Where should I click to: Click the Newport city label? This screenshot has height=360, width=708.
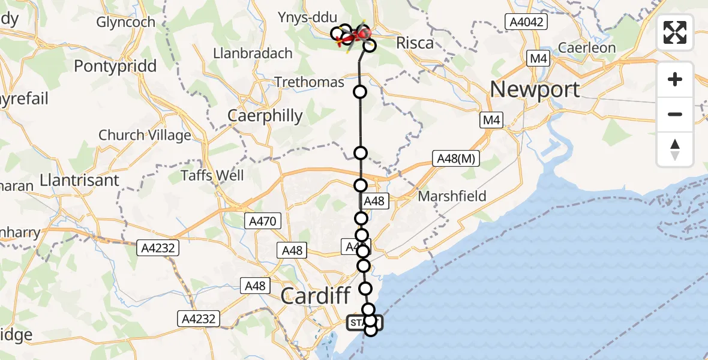pyautogui.click(x=535, y=89)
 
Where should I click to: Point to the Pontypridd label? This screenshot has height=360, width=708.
pyautogui.click(x=115, y=66)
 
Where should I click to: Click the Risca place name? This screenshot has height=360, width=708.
pyautogui.click(x=415, y=43)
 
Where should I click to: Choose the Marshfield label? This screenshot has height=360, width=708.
pyautogui.click(x=452, y=196)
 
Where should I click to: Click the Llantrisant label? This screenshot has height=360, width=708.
pyautogui.click(x=80, y=179)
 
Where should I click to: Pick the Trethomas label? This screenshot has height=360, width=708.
pyautogui.click(x=310, y=82)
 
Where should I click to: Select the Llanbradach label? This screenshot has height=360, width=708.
pyautogui.click(x=253, y=53)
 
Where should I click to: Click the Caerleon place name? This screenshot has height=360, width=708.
pyautogui.click(x=587, y=47)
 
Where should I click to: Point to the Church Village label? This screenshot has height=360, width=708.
pyautogui.click(x=145, y=135)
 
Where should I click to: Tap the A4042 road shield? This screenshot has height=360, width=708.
pyautogui.click(x=526, y=22)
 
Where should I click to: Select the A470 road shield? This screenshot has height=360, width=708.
pyautogui.click(x=262, y=221)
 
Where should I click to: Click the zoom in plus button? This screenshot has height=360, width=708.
pyautogui.click(x=675, y=79)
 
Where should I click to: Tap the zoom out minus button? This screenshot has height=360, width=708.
pyautogui.click(x=675, y=114)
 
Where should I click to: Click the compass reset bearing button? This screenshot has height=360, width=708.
pyautogui.click(x=675, y=149)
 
